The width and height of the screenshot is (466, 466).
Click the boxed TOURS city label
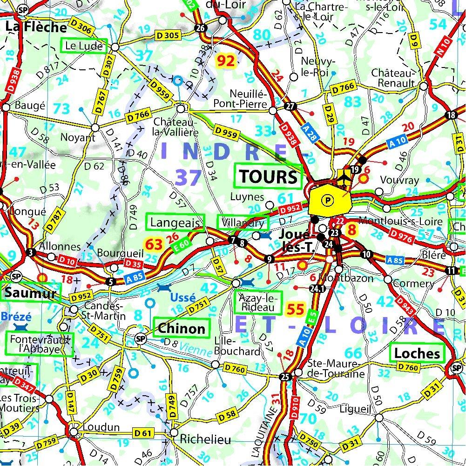tap(269, 176)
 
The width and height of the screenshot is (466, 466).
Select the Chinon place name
tap(182, 328)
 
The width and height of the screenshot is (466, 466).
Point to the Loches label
tap(417, 353)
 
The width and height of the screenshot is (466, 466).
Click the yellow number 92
tap(228, 61)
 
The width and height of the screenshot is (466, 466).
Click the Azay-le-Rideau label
tap(258, 302)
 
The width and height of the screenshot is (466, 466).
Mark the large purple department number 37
tap(188, 177)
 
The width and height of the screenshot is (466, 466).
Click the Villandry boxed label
tap(243, 223)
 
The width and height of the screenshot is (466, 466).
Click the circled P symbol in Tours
tap(329, 200)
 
